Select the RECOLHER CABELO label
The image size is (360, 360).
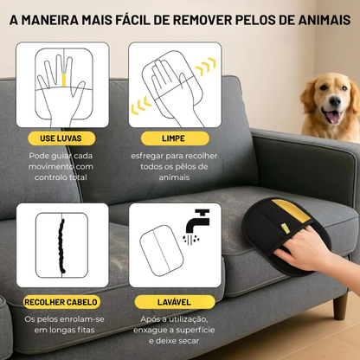click(61, 302)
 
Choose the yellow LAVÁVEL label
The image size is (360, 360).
click(171, 302)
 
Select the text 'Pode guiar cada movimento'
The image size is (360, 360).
click(62, 161)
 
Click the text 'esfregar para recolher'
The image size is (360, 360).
click(171, 156)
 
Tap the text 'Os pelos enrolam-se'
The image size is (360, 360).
click(62, 319)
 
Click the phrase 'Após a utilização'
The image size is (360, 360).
click(171, 319)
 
